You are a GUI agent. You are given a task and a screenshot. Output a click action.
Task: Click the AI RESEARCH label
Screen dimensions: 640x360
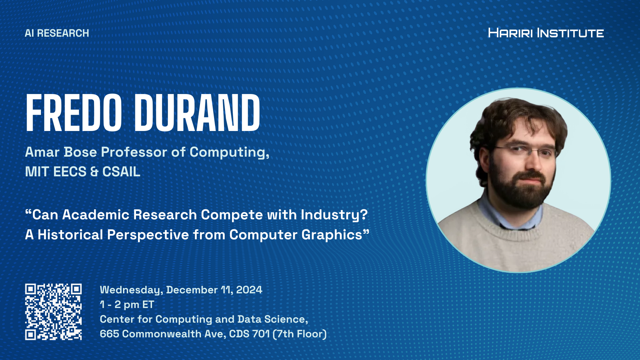click(57, 33)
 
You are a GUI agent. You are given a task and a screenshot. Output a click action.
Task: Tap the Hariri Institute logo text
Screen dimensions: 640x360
click(546, 33)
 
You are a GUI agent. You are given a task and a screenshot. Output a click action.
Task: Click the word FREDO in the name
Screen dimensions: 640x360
click(74, 113)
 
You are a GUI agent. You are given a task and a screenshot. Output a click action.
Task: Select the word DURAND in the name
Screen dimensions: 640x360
click(197, 113)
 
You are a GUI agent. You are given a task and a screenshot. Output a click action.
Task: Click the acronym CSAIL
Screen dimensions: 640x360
click(121, 172)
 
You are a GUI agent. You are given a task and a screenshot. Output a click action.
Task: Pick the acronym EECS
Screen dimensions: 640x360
click(70, 172)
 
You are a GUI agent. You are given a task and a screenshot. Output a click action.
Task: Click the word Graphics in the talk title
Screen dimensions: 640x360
click(332, 235)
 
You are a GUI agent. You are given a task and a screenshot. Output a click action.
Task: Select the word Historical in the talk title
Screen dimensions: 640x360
click(70, 235)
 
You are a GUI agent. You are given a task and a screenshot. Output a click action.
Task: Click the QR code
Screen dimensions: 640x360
click(53, 312)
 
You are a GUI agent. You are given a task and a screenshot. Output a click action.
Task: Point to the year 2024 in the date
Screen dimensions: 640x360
click(249, 290)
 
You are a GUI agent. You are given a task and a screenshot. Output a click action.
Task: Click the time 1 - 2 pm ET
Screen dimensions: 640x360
click(127, 305)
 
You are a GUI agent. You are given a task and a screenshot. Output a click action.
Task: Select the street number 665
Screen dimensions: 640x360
click(109, 334)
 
